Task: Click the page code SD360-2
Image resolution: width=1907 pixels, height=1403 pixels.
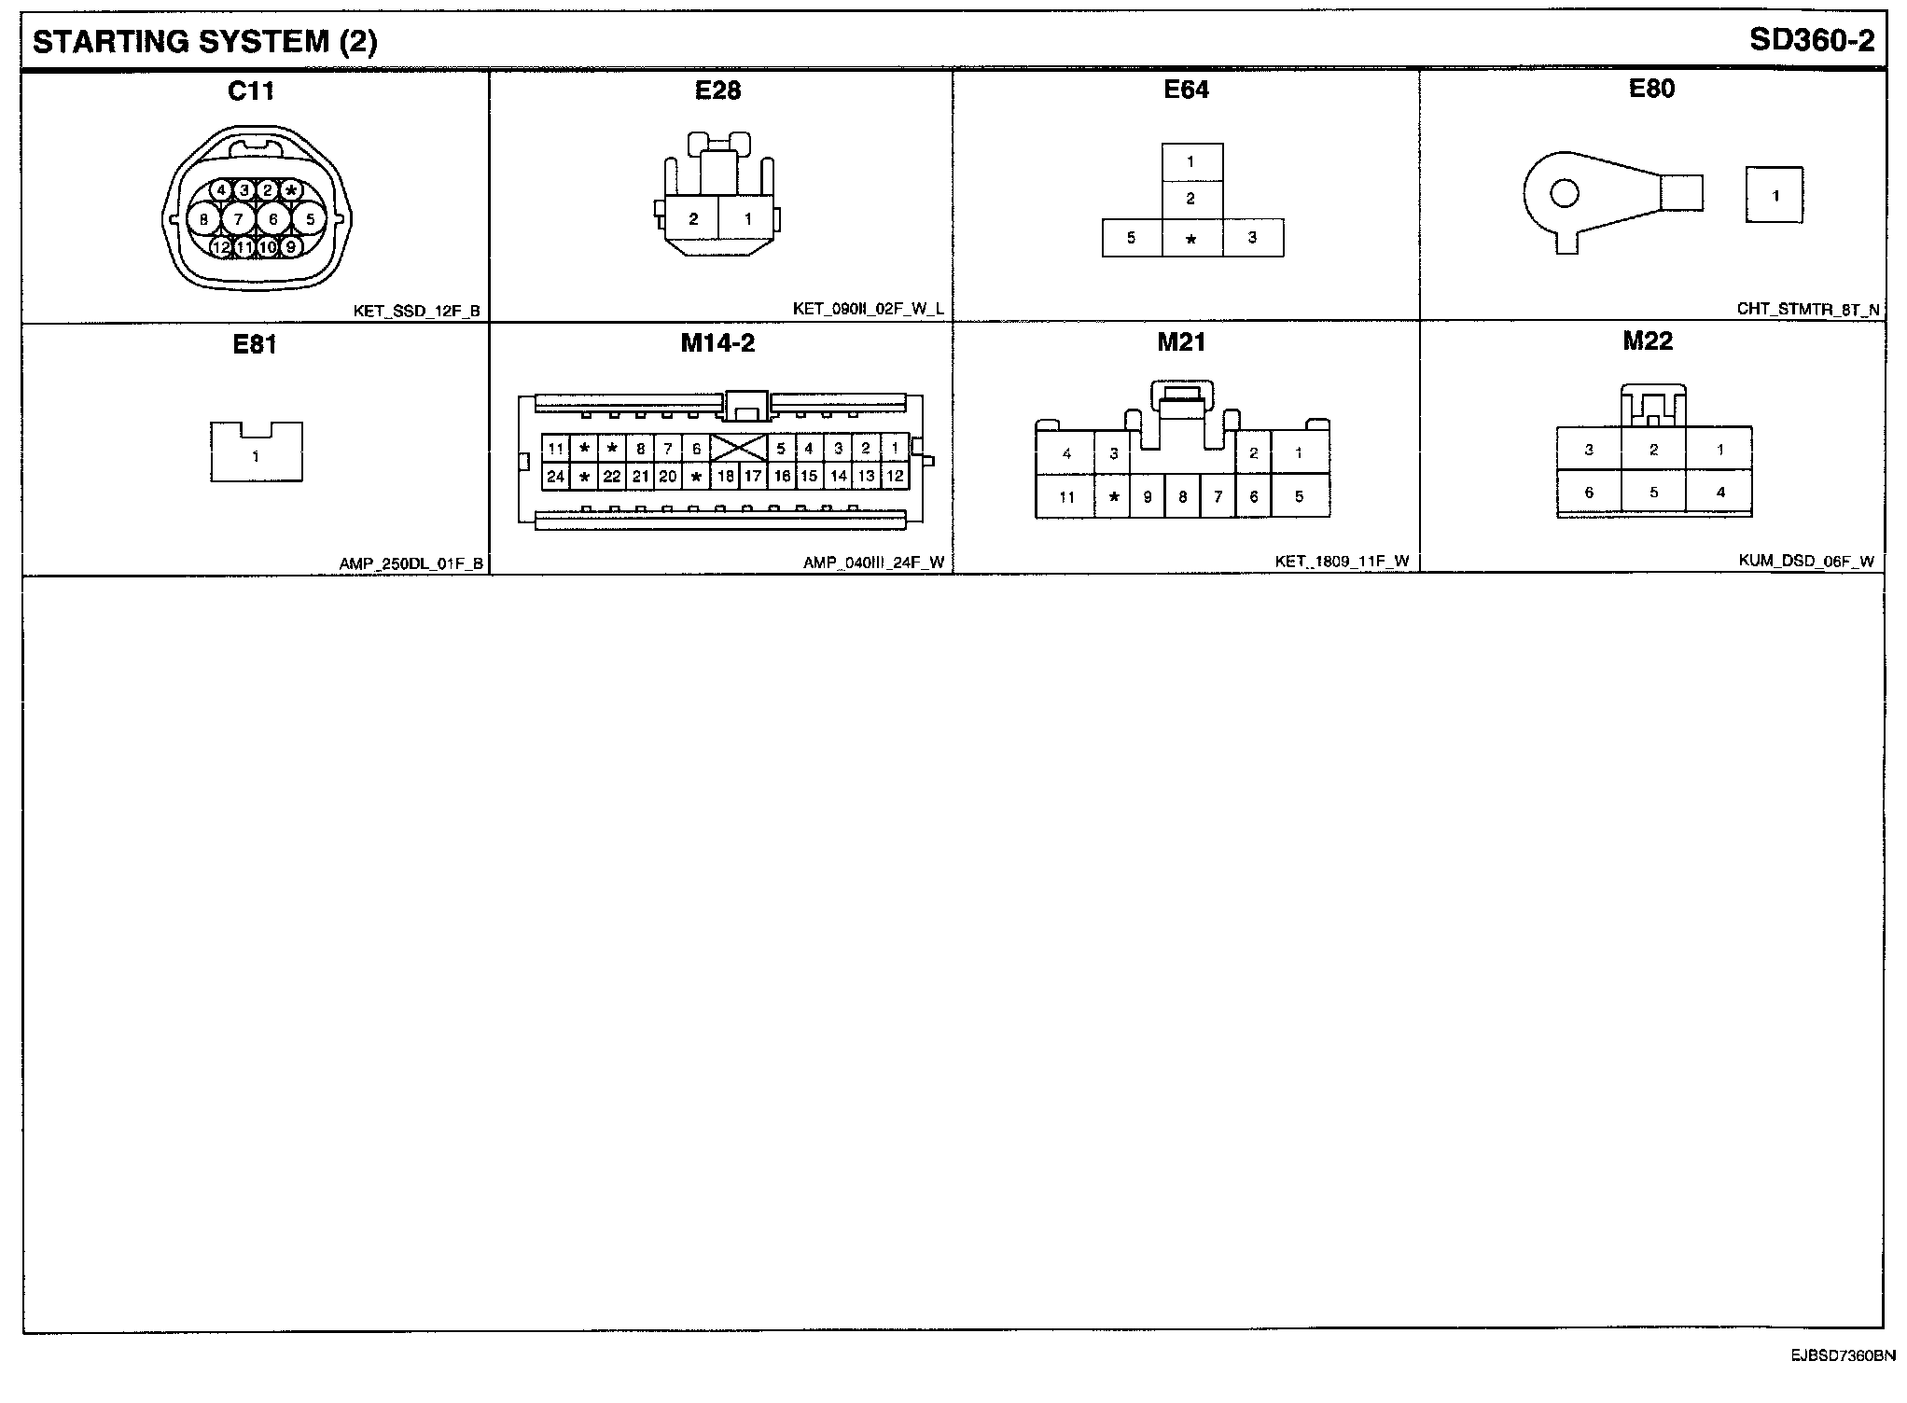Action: point(1811,40)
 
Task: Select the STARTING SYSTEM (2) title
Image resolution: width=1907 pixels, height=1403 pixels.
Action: point(205,42)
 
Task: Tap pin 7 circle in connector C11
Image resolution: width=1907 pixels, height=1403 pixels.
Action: point(239,220)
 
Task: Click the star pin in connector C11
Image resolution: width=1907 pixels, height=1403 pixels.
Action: point(291,191)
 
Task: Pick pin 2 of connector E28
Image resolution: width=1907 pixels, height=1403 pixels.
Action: point(693,220)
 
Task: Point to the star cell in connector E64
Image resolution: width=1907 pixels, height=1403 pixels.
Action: point(1191,239)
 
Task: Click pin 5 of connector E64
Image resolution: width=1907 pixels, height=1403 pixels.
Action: point(1131,238)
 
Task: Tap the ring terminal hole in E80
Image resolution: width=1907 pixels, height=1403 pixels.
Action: point(1565,194)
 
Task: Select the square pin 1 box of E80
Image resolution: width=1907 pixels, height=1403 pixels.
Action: point(1775,196)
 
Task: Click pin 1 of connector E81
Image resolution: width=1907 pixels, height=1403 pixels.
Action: point(256,457)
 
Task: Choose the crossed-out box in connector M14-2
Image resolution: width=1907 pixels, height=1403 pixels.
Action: point(739,449)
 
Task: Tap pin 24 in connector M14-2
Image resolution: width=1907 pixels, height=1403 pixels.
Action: point(556,477)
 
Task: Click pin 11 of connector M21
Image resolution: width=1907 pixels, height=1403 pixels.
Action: point(1066,497)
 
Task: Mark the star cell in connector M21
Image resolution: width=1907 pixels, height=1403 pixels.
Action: point(1113,497)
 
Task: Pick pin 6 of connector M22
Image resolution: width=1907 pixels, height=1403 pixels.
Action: point(1589,493)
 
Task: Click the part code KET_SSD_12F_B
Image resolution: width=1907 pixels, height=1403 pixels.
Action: point(416,312)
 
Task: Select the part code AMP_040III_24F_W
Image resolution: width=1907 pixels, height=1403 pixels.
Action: point(873,563)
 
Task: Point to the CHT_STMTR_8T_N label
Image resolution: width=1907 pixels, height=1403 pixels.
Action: point(1808,309)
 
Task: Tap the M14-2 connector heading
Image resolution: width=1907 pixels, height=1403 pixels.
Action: point(717,343)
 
